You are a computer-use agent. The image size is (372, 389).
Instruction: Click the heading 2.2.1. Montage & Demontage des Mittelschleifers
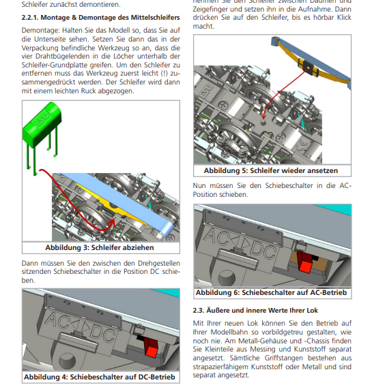coord(100,18)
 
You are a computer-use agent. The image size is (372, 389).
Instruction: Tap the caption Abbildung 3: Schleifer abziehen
coord(100,247)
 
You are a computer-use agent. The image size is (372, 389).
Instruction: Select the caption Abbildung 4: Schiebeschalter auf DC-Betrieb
coord(100,377)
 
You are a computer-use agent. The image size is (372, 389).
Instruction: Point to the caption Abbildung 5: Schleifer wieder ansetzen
coord(271,171)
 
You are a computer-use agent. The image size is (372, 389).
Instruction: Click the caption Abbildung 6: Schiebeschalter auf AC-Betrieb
coord(271,292)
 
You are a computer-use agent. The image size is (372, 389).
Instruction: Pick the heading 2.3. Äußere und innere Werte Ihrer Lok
coord(255,311)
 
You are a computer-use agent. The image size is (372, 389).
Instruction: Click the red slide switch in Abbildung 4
coord(151,347)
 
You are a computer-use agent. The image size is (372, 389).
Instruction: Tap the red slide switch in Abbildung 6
coord(305,262)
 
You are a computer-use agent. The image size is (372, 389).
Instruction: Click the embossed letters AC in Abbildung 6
coord(216,236)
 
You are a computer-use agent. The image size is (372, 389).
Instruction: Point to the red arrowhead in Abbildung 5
coord(263,116)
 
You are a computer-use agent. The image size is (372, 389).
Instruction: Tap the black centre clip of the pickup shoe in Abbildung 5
coord(308,67)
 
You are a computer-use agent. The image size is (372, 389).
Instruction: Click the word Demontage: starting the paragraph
coord(41,31)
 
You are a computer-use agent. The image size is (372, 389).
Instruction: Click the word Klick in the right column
coord(344,17)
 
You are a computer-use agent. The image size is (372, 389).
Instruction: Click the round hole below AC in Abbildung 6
coord(227,277)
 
